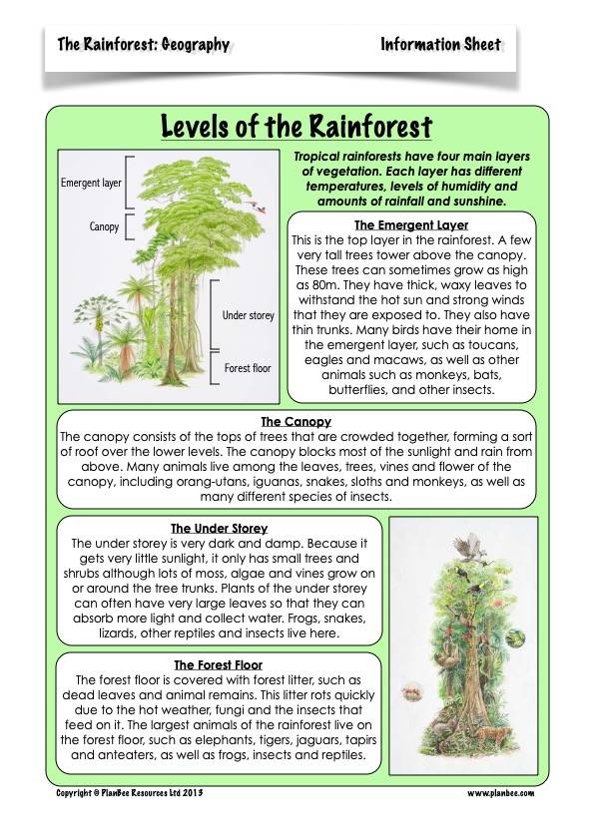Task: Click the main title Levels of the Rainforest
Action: click(297, 127)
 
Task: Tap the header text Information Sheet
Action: click(440, 45)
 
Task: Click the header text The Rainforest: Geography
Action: click(143, 45)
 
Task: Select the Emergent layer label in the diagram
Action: click(91, 183)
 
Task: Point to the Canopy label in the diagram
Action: click(104, 226)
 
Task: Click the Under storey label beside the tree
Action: click(249, 315)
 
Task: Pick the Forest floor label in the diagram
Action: click(248, 368)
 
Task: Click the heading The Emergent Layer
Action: click(411, 225)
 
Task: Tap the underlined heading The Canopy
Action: click(296, 422)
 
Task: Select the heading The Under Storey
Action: click(220, 528)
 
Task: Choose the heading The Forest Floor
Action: click(219, 664)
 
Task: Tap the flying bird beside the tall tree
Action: click(257, 207)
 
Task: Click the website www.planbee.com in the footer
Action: click(501, 793)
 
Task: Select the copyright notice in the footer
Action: click(129, 793)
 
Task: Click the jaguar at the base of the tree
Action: click(491, 736)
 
